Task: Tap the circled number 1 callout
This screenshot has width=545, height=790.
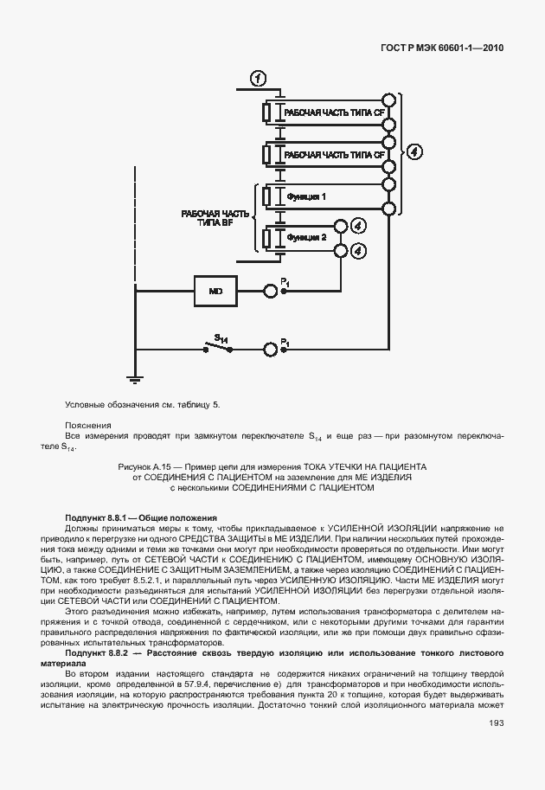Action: (259, 79)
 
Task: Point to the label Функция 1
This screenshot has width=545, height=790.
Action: (305, 196)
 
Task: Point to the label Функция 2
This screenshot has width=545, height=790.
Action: (305, 237)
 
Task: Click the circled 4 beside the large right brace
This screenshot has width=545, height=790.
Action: (416, 152)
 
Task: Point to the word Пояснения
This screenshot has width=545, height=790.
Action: (88, 425)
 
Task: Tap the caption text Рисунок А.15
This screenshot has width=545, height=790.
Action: (273, 466)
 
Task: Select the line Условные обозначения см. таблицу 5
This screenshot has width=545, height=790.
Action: (142, 404)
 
